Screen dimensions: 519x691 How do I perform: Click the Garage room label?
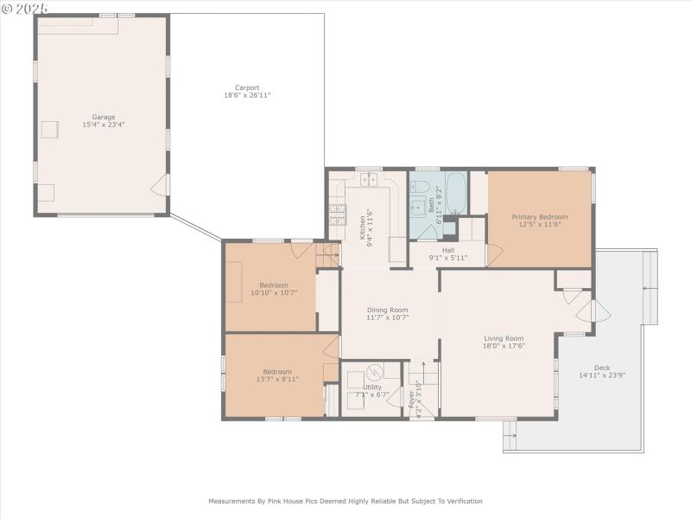click(104, 117)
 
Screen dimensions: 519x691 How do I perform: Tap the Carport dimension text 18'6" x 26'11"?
click(247, 95)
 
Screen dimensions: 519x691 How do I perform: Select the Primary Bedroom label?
click(540, 216)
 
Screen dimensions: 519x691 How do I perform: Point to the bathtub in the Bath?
click(455, 195)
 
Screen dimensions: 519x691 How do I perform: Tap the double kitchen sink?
click(370, 181)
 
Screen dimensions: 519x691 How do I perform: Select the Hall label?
click(449, 249)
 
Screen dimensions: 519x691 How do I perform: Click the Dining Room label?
click(387, 310)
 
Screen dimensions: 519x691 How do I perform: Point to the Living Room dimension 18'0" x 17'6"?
click(504, 346)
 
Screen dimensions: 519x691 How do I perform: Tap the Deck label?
click(601, 367)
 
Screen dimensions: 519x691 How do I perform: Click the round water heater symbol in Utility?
click(374, 373)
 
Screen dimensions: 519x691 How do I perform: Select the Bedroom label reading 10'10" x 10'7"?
click(274, 292)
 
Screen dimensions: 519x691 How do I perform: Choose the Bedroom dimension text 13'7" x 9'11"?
click(277, 379)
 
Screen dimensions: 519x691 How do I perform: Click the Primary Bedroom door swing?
click(494, 255)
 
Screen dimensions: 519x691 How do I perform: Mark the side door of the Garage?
click(158, 185)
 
